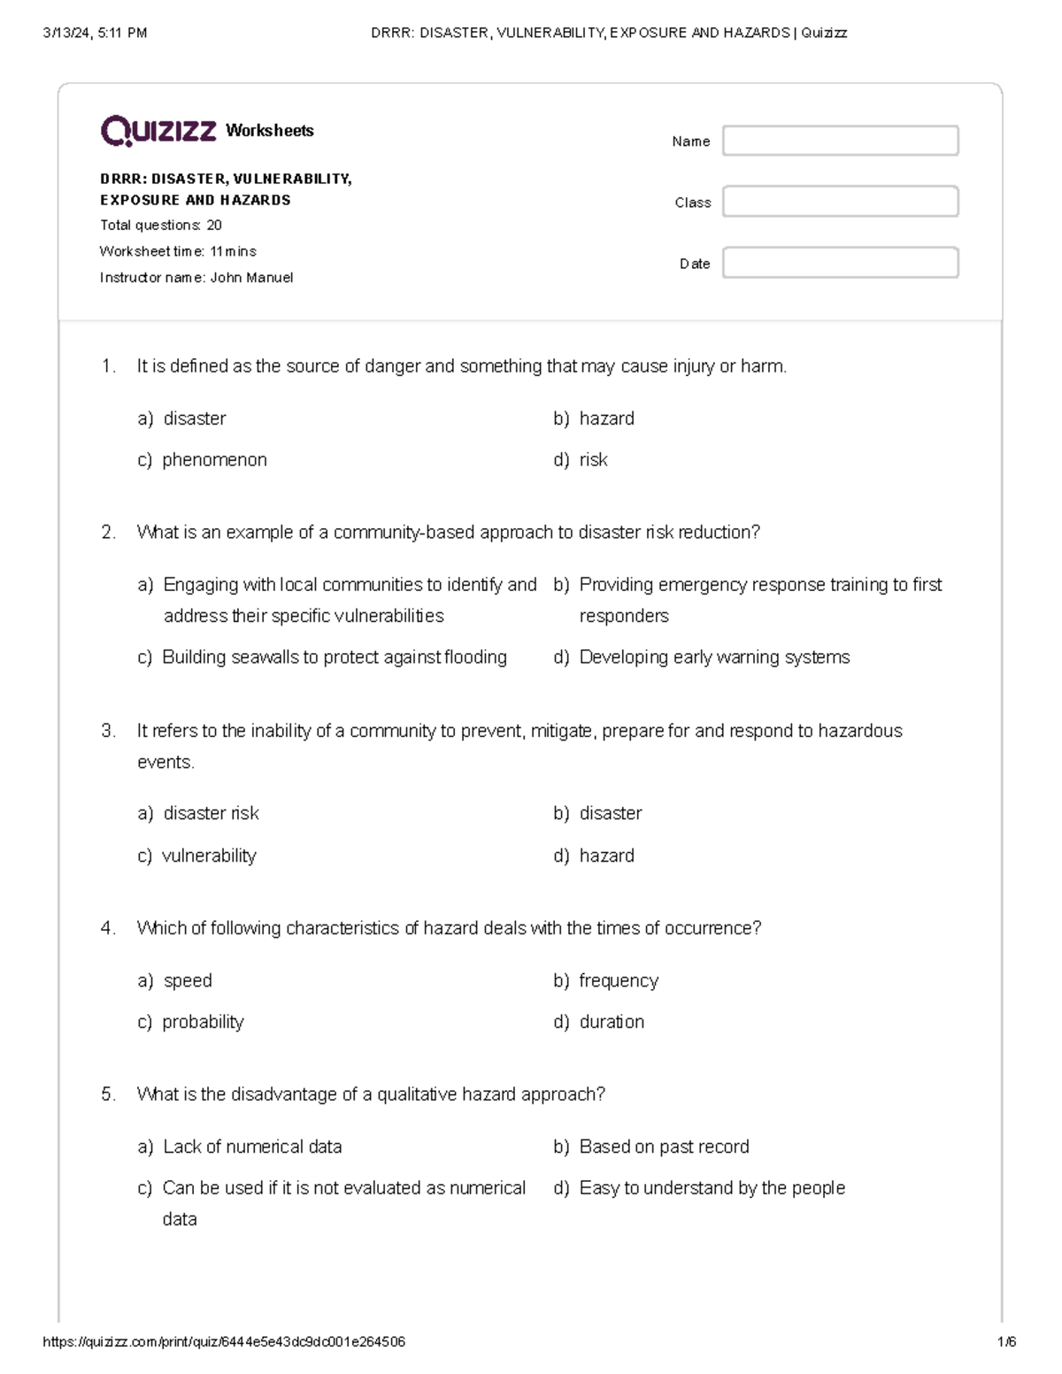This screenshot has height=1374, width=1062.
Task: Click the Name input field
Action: [x=840, y=141]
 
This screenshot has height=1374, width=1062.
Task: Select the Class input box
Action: [x=840, y=202]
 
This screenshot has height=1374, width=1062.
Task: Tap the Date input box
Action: [x=840, y=263]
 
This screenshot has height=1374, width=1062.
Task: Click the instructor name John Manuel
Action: [x=251, y=278]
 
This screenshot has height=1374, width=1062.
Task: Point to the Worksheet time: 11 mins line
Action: [x=178, y=251]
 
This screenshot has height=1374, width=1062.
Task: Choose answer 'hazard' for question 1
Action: [x=606, y=418]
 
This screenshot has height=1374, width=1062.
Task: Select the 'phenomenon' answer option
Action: [x=214, y=460]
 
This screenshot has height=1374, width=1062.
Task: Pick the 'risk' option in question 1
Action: [x=593, y=460]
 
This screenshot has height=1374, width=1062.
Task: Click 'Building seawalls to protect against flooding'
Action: [x=335, y=657]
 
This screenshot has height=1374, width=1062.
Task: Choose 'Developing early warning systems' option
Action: [x=714, y=657]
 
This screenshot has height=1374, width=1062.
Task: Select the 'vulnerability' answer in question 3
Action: [x=209, y=856]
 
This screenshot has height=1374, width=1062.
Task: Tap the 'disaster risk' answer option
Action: [x=211, y=813]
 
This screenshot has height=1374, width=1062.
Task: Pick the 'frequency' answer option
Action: [x=619, y=980]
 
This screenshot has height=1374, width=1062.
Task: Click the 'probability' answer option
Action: [x=203, y=1022]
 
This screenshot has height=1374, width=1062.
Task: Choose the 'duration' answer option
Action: [x=612, y=1022]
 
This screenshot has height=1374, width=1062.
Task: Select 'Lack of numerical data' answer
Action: [x=252, y=1147]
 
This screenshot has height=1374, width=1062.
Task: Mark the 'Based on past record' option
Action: [x=664, y=1147]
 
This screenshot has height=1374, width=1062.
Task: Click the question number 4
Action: [x=108, y=928]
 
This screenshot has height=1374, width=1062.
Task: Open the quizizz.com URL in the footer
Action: [x=224, y=1341]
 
